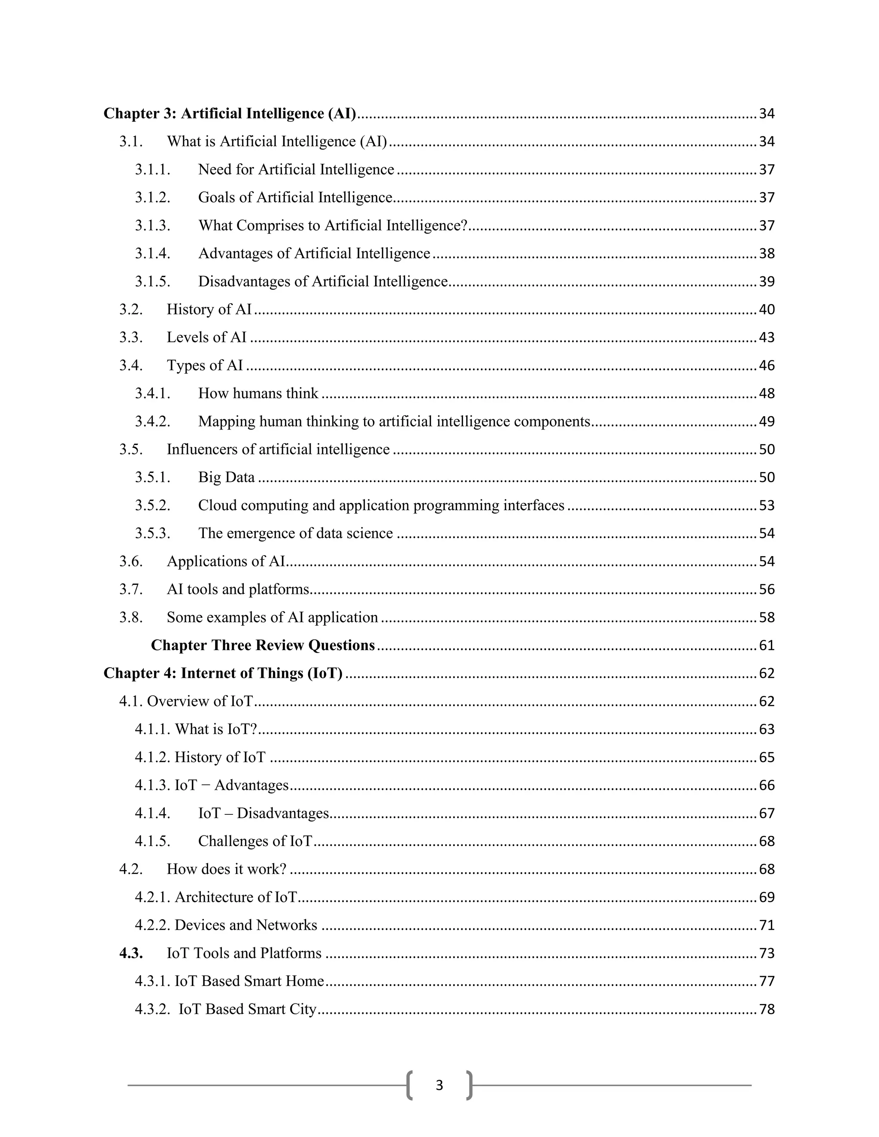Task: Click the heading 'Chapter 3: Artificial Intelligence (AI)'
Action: pos(230,114)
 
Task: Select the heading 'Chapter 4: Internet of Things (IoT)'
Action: pos(223,673)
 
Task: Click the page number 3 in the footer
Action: pos(439,1085)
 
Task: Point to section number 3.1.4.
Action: pos(152,254)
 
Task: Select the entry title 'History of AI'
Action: pos(209,309)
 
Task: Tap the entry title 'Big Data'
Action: pos(226,478)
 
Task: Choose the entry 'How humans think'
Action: pos(258,393)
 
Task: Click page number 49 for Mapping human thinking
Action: pos(767,422)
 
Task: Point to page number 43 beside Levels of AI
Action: pos(767,337)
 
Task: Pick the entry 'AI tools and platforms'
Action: pos(237,590)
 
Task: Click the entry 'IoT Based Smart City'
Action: pos(247,1009)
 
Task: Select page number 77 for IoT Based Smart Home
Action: pos(767,981)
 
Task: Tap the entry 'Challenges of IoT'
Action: pos(255,841)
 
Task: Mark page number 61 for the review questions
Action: pos(767,646)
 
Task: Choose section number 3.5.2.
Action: pos(152,505)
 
